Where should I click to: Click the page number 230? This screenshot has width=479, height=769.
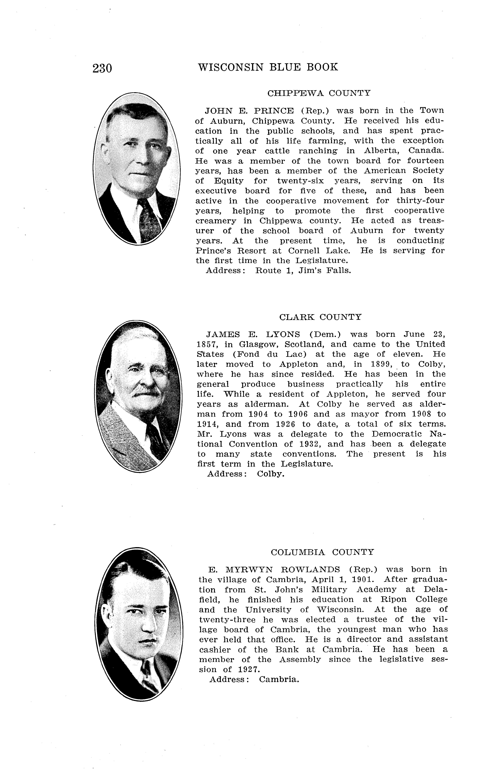[102, 68]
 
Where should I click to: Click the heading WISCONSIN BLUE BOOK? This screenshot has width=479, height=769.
[268, 67]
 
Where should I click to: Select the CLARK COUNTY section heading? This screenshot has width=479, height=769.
[320, 317]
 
